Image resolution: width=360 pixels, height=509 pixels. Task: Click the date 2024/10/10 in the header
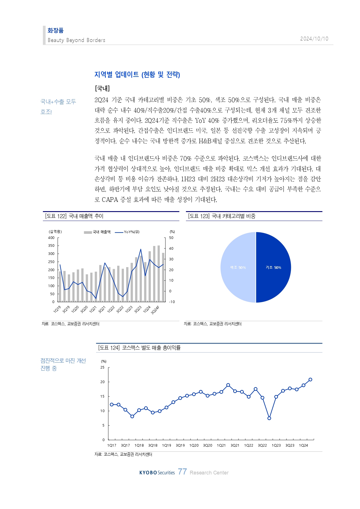click(314, 39)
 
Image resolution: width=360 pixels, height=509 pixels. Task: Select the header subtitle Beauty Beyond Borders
click(76, 40)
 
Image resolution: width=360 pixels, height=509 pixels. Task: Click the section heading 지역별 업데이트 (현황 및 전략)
click(137, 75)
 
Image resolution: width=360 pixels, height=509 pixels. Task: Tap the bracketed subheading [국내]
click(102, 88)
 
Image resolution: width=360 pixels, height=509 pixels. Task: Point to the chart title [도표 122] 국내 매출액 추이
click(74, 216)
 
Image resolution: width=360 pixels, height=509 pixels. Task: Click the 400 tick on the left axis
click(51, 238)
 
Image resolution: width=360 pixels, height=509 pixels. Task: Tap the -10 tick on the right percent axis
click(172, 302)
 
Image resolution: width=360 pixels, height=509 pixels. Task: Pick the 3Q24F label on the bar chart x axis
click(155, 310)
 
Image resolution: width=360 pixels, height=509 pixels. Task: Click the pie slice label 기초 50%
click(273, 267)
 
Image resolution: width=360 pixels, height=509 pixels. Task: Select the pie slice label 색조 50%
click(238, 267)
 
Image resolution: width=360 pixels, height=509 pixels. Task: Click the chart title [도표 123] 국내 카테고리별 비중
click(222, 216)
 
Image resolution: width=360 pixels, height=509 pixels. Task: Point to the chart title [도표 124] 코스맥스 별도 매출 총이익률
click(139, 347)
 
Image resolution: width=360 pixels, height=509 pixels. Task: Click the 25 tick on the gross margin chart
click(102, 367)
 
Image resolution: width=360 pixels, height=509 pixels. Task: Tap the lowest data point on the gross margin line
click(269, 418)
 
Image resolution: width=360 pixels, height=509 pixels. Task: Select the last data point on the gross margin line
click(310, 379)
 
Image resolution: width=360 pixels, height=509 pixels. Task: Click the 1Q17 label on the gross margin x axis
click(112, 445)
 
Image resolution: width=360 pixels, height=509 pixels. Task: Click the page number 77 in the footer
click(182, 472)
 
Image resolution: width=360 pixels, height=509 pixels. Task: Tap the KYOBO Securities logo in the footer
click(157, 473)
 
